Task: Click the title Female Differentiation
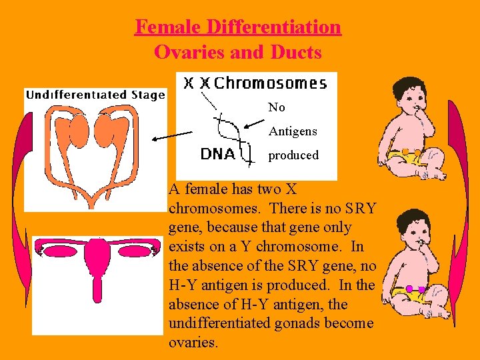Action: pyautogui.click(x=238, y=27)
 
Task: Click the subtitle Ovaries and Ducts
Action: pyautogui.click(x=238, y=52)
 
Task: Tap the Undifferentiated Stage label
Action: pyautogui.click(x=95, y=95)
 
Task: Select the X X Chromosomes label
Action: pyautogui.click(x=256, y=83)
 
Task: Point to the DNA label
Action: pyautogui.click(x=217, y=154)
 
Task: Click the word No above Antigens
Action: pyautogui.click(x=277, y=107)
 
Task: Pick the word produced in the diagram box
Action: pyautogui.click(x=293, y=155)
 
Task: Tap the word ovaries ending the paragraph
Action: pyautogui.click(x=194, y=343)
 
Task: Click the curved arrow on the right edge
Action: pyautogui.click(x=459, y=200)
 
